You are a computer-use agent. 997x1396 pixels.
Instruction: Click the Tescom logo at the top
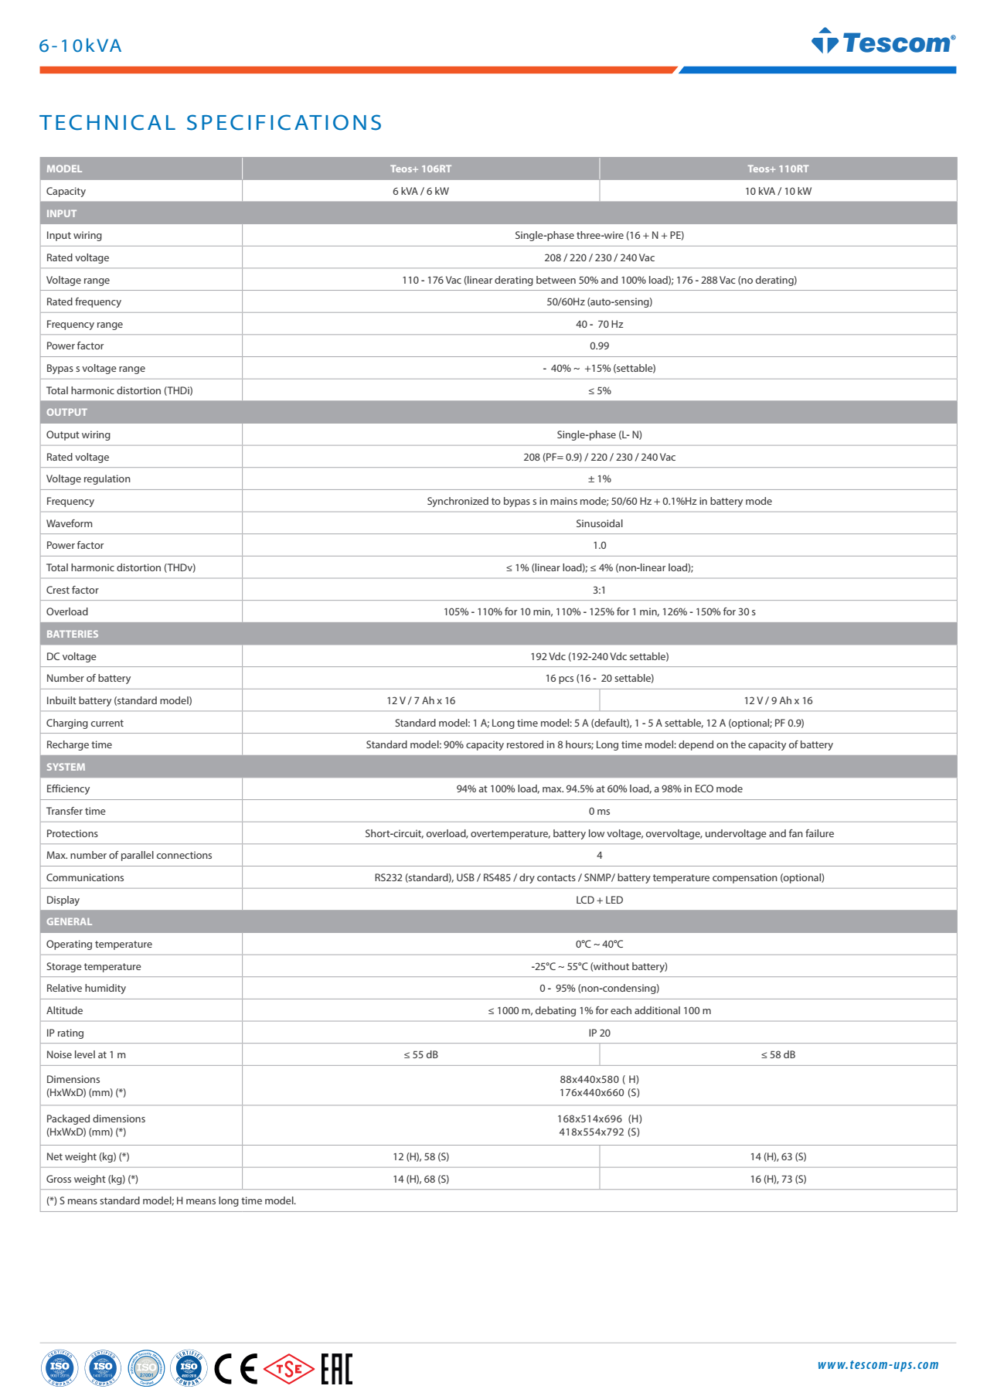pos(883,42)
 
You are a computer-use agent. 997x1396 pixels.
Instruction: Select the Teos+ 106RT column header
pos(420,169)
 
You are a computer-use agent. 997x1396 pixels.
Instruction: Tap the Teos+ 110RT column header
pos(778,169)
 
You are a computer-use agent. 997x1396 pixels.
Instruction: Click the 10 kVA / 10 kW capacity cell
pos(778,191)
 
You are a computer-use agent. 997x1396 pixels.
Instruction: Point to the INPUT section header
pos(62,213)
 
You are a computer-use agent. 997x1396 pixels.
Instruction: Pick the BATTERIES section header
pos(73,634)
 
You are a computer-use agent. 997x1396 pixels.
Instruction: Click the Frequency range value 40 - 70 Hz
pos(599,324)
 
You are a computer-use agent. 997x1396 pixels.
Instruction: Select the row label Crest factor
pos(73,590)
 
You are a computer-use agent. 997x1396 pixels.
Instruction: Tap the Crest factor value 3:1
pos(599,590)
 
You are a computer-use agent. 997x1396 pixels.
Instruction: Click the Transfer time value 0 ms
pos(599,811)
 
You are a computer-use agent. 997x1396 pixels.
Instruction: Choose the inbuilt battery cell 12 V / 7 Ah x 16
pos(420,700)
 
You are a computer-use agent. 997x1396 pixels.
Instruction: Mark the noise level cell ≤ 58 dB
pos(778,1054)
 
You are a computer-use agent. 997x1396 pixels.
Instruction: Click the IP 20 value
pos(599,1033)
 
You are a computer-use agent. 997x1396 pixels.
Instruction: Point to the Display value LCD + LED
pos(599,900)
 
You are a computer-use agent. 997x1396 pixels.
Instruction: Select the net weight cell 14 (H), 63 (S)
pos(778,1156)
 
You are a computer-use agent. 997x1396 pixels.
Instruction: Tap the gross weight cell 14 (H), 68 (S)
pos(420,1179)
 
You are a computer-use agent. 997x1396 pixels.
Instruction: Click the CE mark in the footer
pos(236,1369)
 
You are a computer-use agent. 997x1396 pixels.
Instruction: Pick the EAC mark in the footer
pos(336,1369)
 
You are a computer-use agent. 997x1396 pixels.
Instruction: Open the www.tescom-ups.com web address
pos(878,1365)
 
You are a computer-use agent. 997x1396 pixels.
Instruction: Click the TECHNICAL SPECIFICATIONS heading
pos(211,123)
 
